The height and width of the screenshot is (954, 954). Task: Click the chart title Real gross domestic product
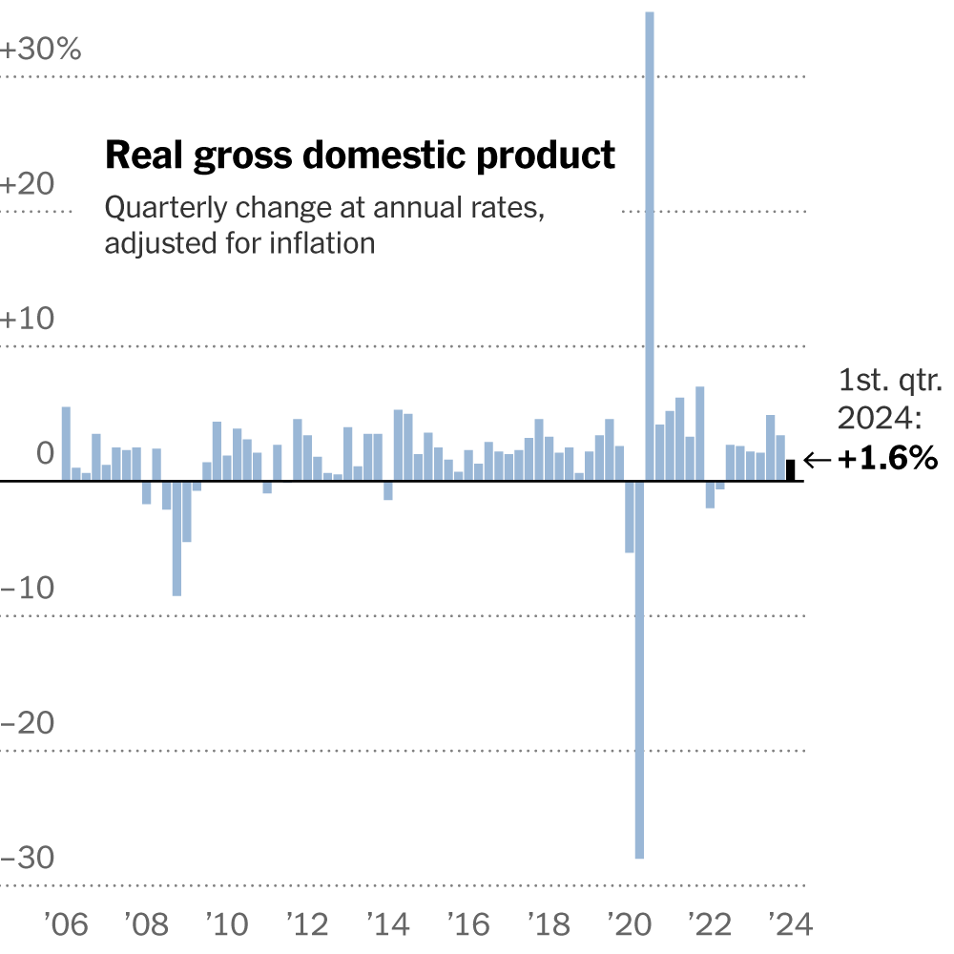click(x=360, y=155)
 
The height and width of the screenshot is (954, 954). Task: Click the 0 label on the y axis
click(x=45, y=454)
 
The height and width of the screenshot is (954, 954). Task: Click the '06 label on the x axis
click(x=66, y=923)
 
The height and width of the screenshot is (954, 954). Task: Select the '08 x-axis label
click(x=146, y=923)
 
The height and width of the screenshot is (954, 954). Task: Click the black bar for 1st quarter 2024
click(x=790, y=470)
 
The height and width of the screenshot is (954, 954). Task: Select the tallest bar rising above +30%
click(x=650, y=238)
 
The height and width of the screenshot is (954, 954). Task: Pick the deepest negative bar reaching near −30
click(x=639, y=668)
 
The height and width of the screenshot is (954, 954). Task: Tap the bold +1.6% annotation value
click(x=887, y=460)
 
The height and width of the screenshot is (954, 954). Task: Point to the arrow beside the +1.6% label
click(x=818, y=461)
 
